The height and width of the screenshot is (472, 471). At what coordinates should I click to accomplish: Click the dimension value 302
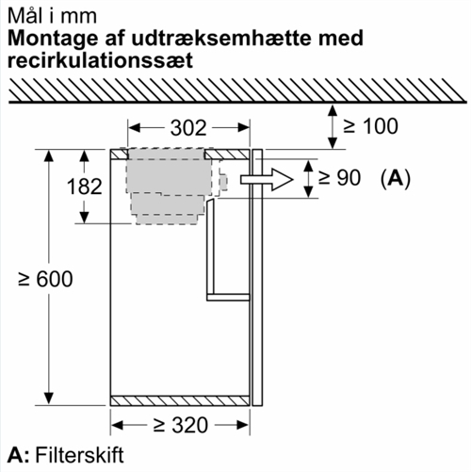click(188, 128)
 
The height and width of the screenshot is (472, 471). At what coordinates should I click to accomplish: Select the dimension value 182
click(85, 187)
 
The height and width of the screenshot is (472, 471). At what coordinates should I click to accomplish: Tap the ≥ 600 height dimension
click(45, 279)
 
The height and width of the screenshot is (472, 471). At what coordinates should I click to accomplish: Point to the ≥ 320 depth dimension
click(181, 425)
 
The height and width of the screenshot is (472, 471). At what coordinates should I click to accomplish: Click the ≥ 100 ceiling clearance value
click(370, 126)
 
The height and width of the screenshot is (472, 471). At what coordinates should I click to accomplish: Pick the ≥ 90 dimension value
click(339, 178)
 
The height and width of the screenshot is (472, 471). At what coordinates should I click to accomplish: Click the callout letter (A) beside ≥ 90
click(396, 178)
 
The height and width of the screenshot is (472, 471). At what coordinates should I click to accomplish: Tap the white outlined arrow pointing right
click(267, 180)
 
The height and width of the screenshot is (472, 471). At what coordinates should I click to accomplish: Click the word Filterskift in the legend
click(79, 455)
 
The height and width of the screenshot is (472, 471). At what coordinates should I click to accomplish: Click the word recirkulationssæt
click(100, 60)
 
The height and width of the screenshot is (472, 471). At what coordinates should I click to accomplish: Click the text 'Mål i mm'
click(52, 16)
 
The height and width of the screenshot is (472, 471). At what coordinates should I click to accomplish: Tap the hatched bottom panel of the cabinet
click(180, 401)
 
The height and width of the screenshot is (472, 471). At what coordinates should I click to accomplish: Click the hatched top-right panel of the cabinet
click(227, 155)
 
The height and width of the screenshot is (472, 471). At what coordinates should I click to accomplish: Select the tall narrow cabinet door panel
click(257, 278)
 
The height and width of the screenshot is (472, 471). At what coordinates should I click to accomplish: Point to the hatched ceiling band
click(237, 90)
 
